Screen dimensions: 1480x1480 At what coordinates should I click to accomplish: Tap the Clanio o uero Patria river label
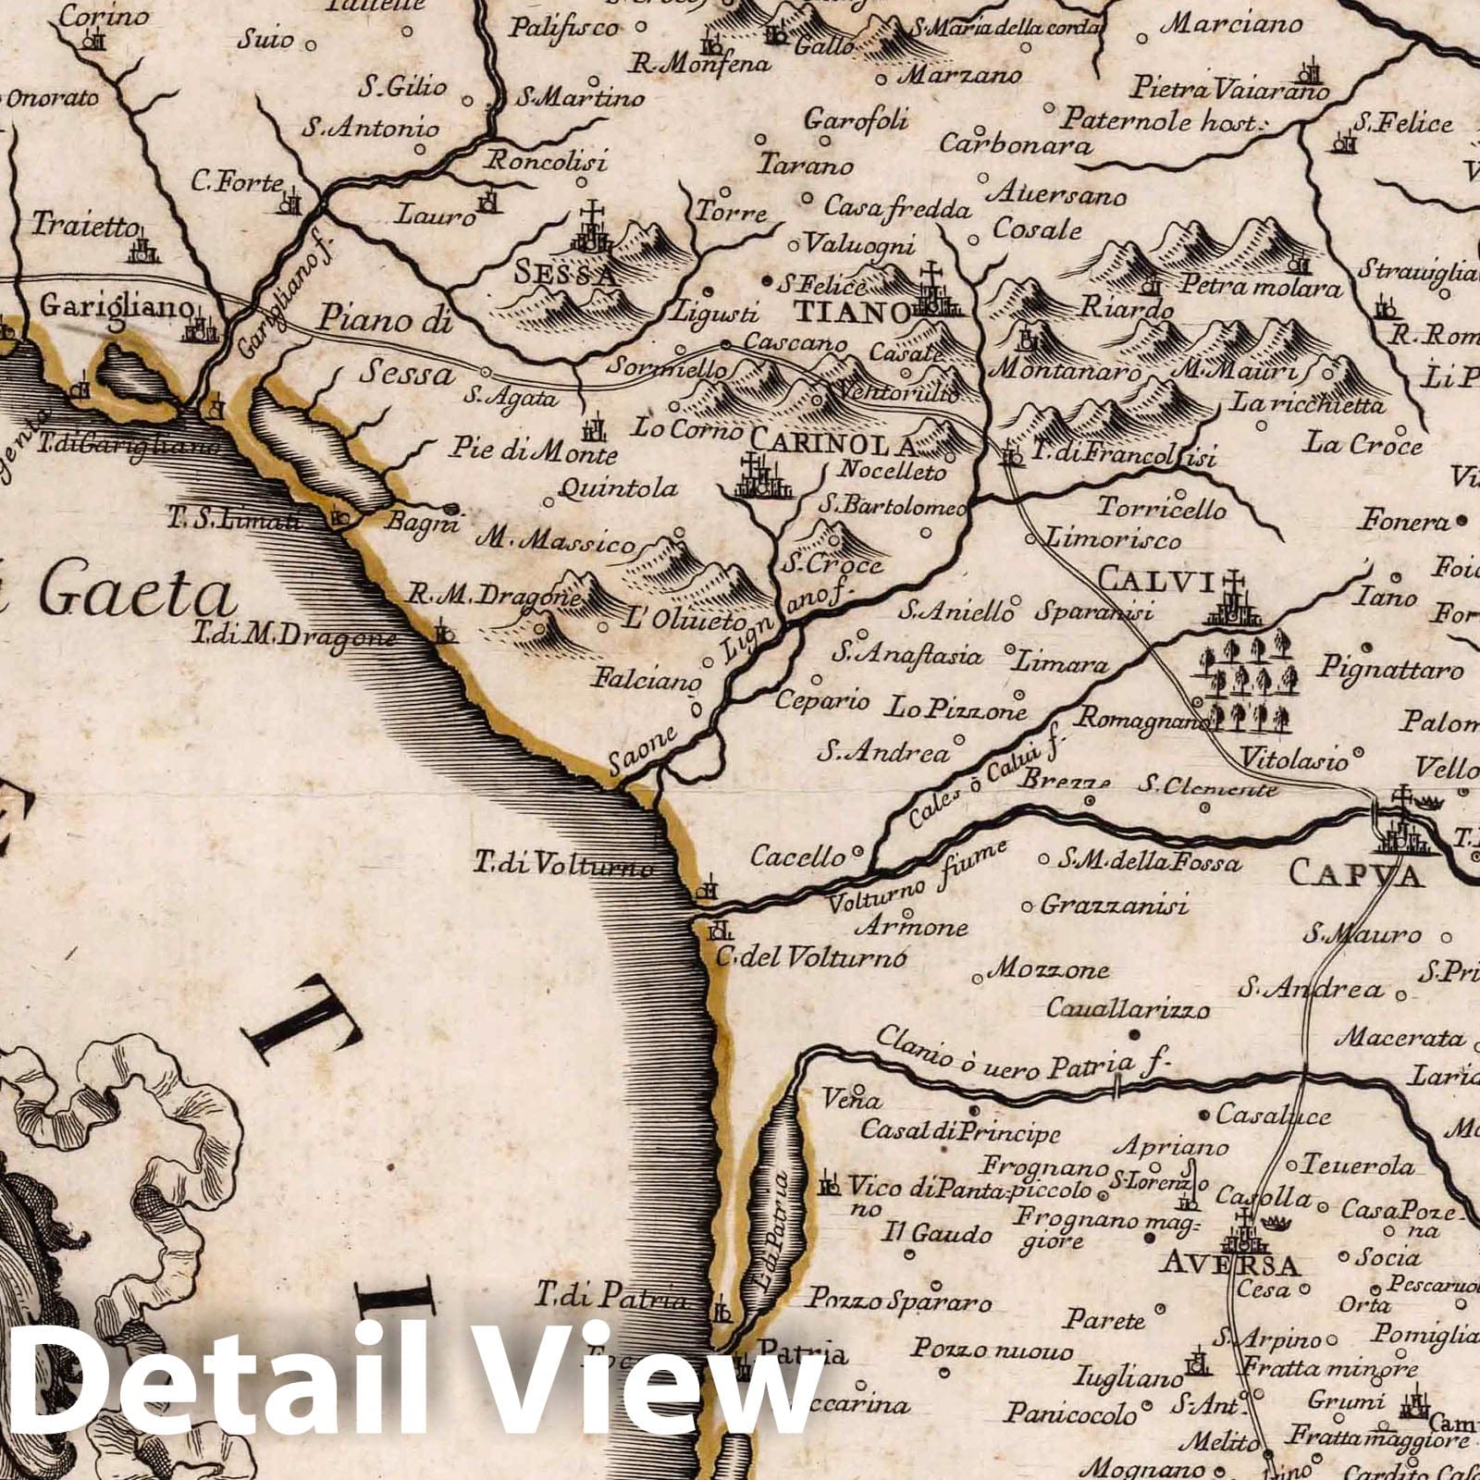1017,1054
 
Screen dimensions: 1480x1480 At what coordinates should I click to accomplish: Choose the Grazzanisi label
1114,905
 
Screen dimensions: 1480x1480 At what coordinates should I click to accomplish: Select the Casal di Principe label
960,1130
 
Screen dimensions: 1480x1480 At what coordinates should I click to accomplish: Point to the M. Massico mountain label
555,541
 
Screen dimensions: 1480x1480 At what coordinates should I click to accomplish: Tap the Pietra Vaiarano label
1228,91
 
